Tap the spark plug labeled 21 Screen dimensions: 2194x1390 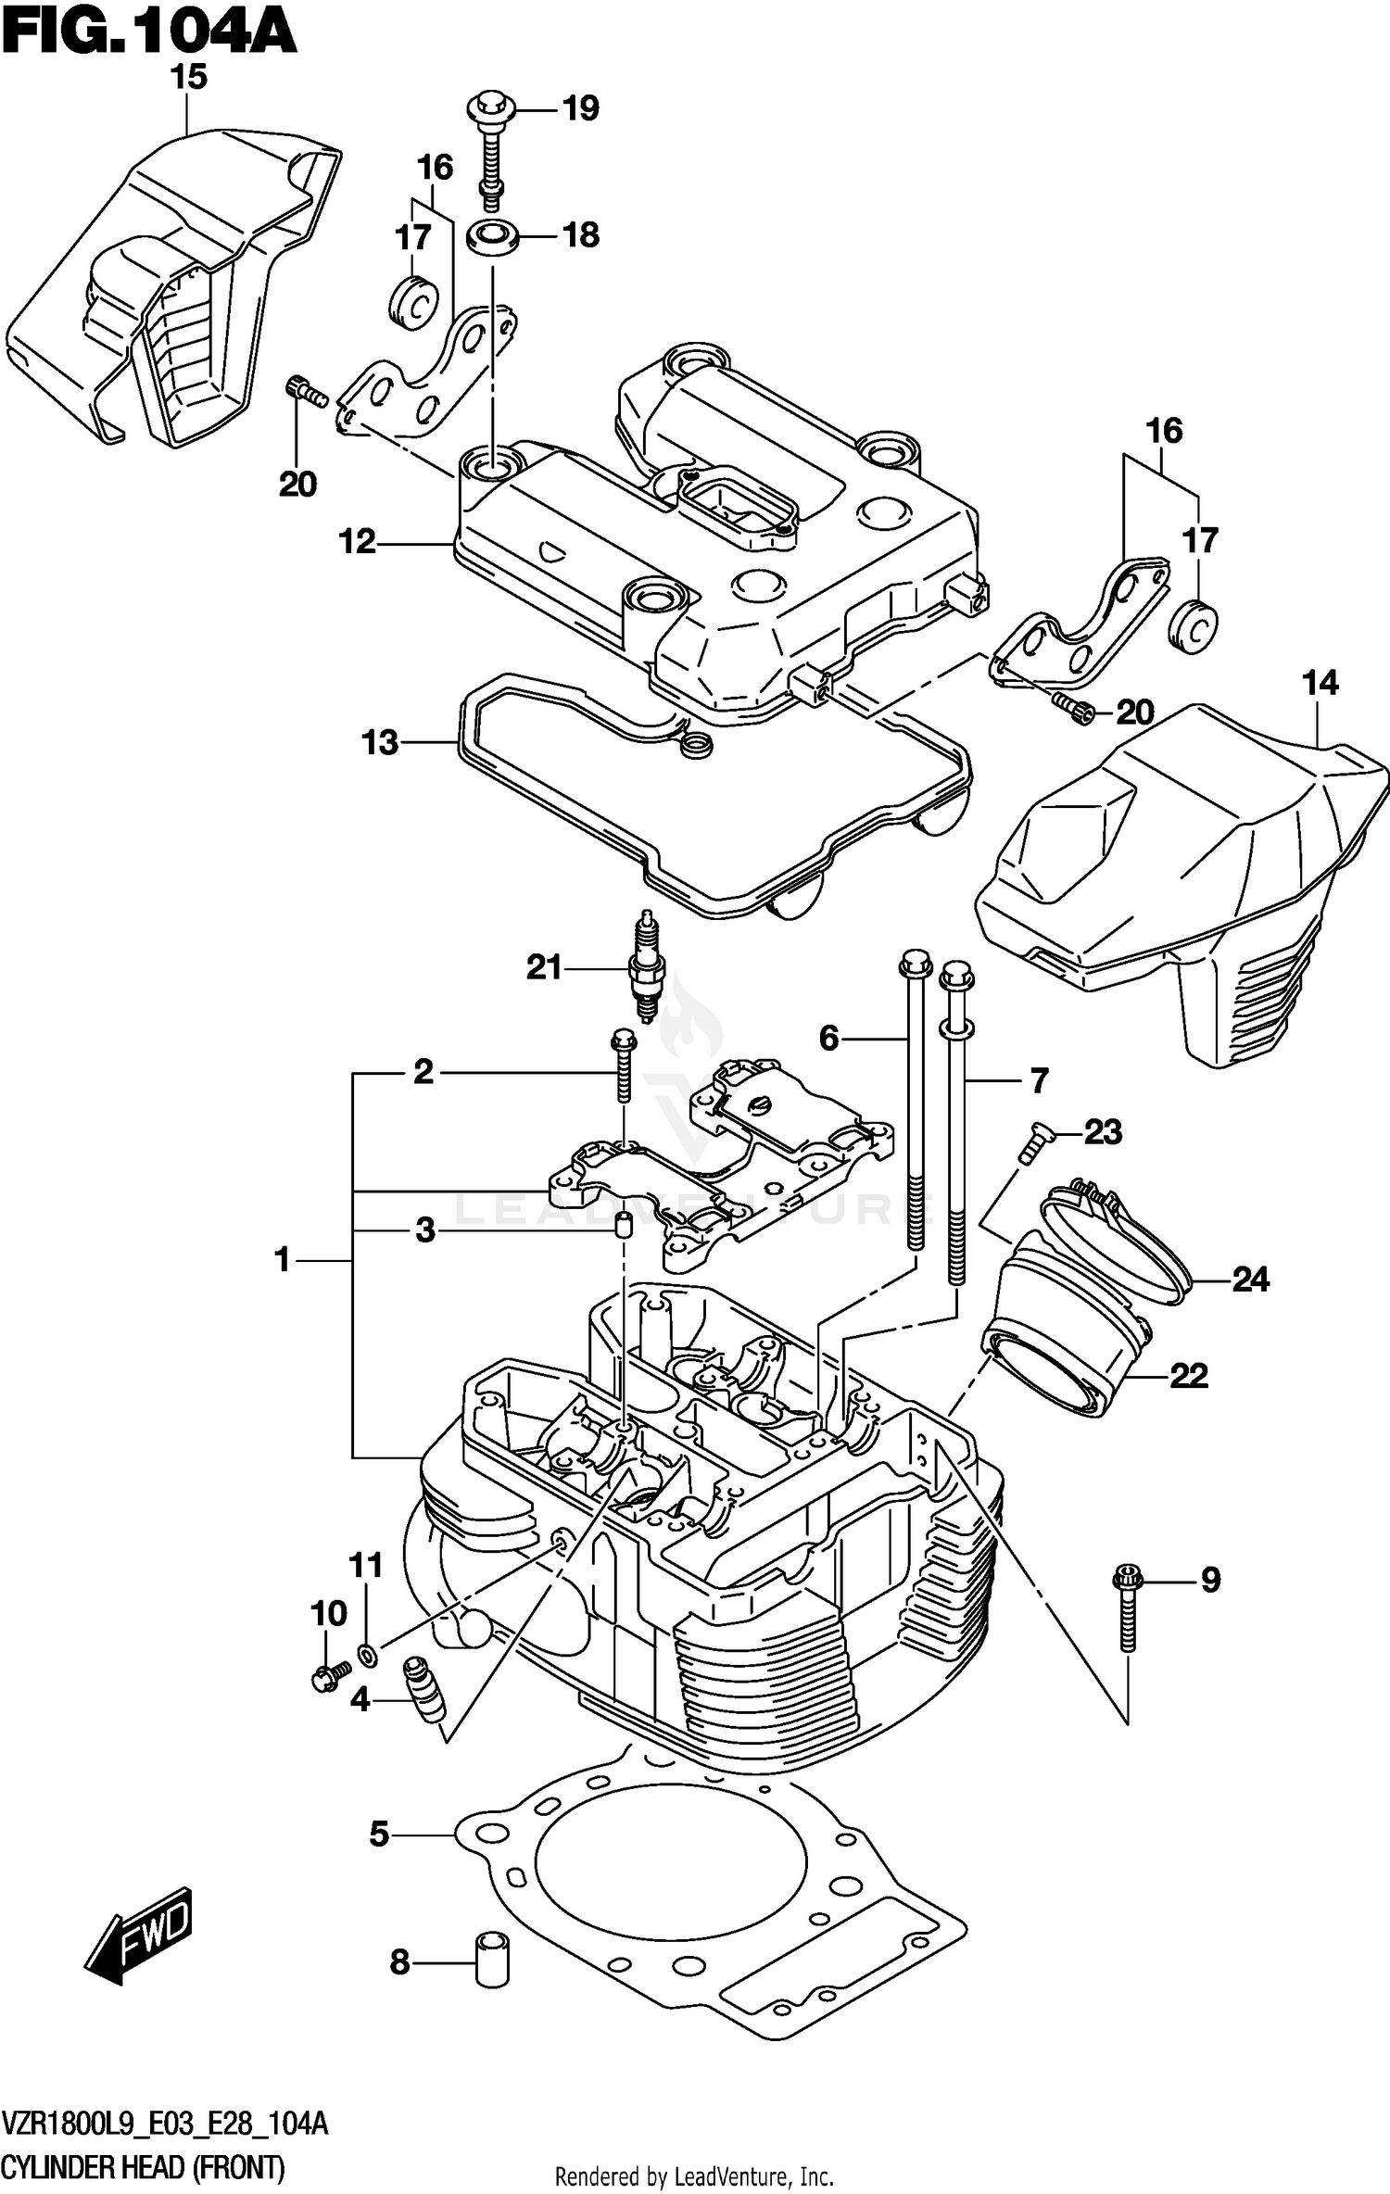point(646,967)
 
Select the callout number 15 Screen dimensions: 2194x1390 point(188,77)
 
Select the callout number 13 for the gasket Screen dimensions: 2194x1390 point(380,742)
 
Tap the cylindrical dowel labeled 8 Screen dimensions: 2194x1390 point(491,1957)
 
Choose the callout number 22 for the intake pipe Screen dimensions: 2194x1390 point(1188,1375)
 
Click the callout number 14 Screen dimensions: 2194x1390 point(1320,684)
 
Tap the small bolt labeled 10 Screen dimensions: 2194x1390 point(327,1676)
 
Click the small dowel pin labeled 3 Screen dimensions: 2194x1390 point(625,1225)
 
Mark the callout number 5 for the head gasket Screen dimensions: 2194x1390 point(379,1834)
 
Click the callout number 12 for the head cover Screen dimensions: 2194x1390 point(358,542)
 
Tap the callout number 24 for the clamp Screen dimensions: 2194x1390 point(1249,1280)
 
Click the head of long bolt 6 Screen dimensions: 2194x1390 point(914,965)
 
